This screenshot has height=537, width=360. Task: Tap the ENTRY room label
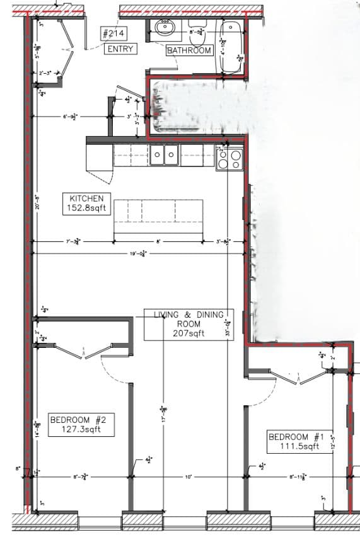click(120, 49)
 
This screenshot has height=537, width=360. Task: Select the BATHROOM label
click(189, 51)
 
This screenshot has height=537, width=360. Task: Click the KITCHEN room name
click(82, 198)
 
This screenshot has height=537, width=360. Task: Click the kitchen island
click(158, 216)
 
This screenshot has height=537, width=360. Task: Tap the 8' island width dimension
click(158, 241)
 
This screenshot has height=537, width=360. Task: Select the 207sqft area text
click(189, 333)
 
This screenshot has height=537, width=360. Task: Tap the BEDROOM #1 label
click(296, 437)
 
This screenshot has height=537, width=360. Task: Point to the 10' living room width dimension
click(188, 477)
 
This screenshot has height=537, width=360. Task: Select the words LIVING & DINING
click(189, 314)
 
